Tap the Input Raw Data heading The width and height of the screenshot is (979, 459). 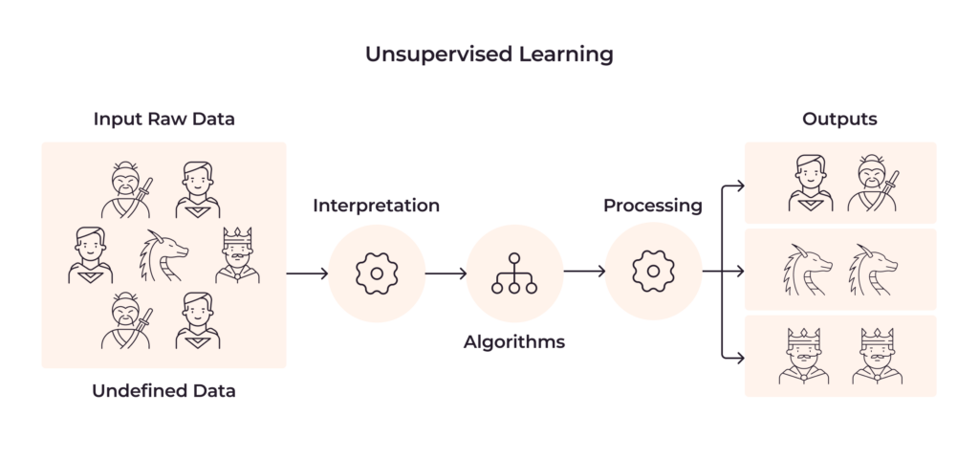(x=163, y=120)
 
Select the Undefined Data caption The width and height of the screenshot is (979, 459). (x=163, y=390)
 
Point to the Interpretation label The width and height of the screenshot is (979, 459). (x=377, y=206)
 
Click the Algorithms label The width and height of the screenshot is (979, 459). (x=514, y=341)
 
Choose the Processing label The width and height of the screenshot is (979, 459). (x=653, y=206)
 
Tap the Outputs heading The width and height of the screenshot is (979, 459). (x=839, y=120)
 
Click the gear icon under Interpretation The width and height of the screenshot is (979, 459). (x=377, y=273)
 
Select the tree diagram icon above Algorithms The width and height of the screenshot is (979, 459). (x=514, y=273)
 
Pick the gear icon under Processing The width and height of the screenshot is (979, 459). (x=653, y=273)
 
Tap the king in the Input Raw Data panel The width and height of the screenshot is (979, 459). (x=237, y=255)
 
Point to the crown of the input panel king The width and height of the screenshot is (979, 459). (x=237, y=236)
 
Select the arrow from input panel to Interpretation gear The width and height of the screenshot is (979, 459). (x=307, y=274)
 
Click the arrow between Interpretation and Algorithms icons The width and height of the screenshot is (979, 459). (x=446, y=274)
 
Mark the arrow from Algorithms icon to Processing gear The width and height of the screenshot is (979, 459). (x=584, y=274)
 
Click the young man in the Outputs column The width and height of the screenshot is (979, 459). (x=809, y=184)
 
